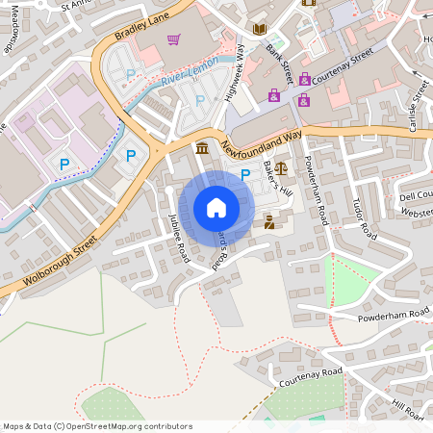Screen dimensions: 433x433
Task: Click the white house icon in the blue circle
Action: pos(216,207)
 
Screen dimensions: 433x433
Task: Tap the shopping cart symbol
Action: pos(173,39)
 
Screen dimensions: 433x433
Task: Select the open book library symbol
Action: pos(259,30)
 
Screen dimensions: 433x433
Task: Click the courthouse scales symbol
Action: pos(280,167)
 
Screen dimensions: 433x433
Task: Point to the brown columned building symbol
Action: pos(201,148)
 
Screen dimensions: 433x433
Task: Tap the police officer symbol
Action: pos(268,222)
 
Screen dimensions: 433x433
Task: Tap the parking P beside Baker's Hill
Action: pos(245,174)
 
